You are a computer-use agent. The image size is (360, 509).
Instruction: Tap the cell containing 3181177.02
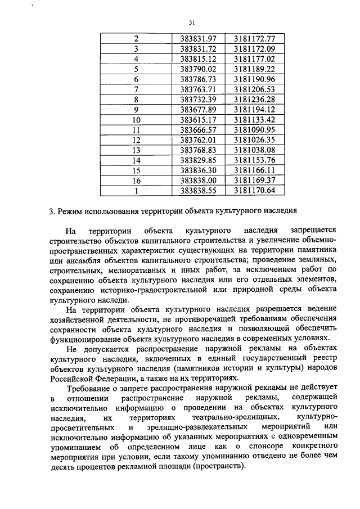point(255,58)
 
